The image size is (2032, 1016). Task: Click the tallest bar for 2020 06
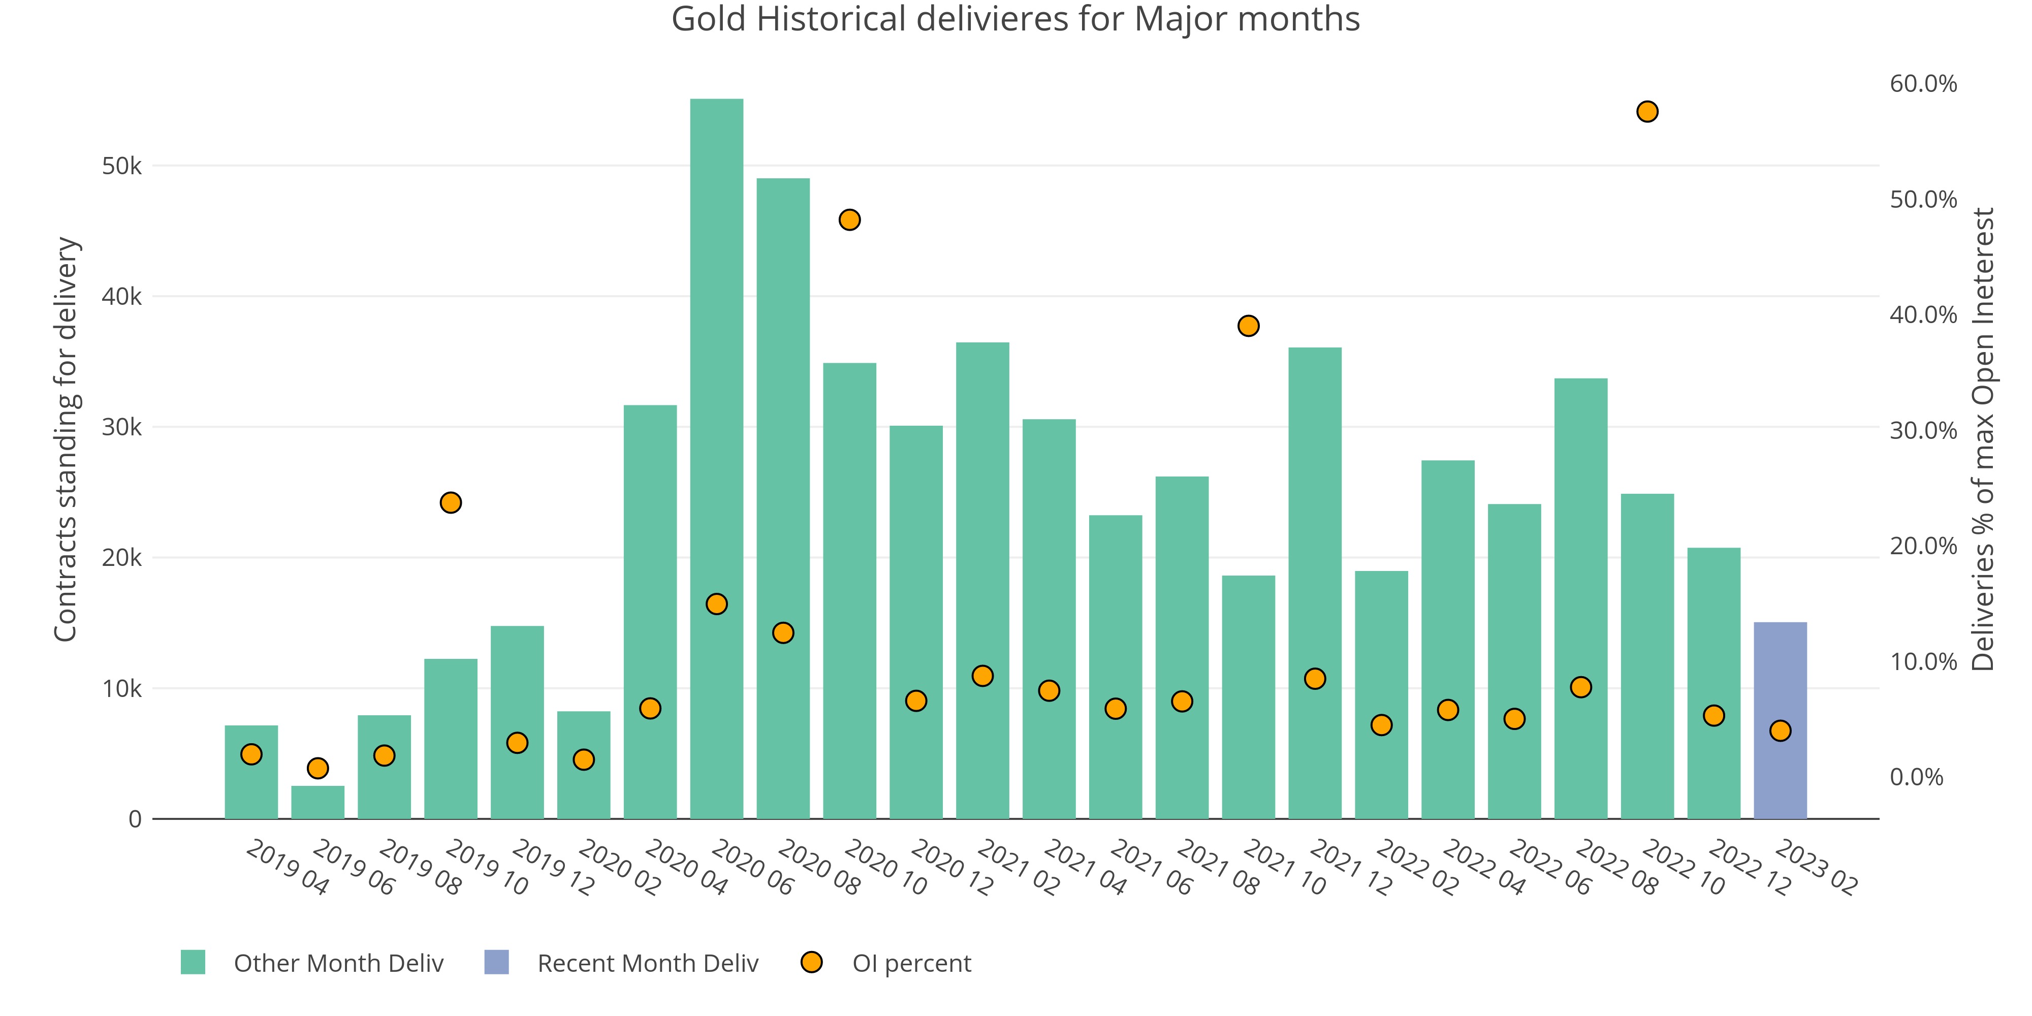(x=716, y=458)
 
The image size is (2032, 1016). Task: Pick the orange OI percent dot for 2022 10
(x=1647, y=112)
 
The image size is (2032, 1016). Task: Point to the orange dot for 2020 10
(x=849, y=220)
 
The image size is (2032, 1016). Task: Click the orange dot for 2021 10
(x=1249, y=326)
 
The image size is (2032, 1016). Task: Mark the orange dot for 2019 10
(x=451, y=502)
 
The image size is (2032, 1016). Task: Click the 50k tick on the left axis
(x=121, y=167)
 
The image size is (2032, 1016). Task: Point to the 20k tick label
(x=121, y=558)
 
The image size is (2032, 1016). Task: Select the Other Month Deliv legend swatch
(x=193, y=962)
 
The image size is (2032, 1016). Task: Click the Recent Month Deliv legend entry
(x=647, y=963)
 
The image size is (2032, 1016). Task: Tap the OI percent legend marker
(x=812, y=962)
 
